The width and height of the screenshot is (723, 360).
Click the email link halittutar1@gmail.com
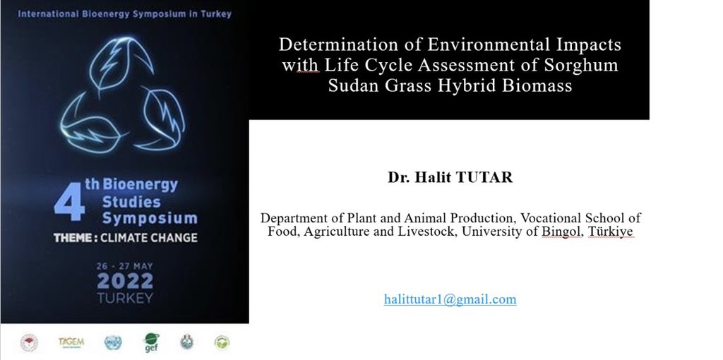450,299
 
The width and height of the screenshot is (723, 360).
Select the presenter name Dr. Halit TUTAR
450,177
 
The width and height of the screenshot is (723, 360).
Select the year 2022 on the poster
125,281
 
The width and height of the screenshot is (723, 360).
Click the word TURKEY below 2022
125,298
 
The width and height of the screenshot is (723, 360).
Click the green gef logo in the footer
150,342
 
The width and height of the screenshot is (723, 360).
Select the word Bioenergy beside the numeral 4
141,186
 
